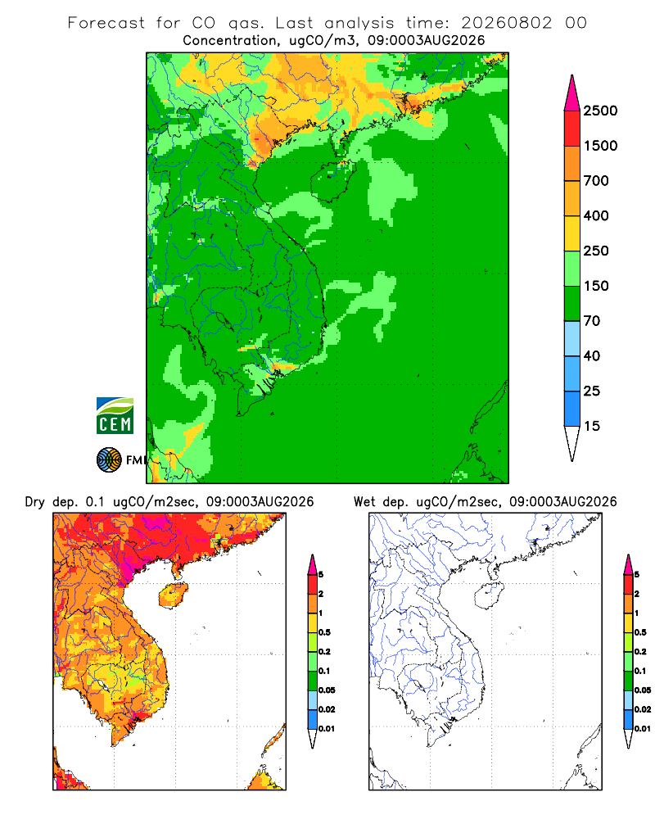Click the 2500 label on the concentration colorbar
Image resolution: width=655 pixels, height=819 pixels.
pos(600,111)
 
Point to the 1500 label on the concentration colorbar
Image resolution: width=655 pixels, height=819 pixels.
pos(600,146)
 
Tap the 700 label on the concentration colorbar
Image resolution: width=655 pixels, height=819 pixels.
pos(596,181)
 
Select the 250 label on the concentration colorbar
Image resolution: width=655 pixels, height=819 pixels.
pos(596,251)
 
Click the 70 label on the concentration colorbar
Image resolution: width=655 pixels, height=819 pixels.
pos(592,321)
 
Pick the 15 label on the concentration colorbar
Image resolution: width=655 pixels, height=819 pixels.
pos(592,426)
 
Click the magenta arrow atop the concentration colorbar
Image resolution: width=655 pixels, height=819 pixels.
pos(572,93)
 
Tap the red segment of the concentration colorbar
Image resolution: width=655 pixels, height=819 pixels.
pos(572,129)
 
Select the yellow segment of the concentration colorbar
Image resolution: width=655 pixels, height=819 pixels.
pos(572,233)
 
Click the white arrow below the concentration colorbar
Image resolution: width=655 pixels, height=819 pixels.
pos(572,441)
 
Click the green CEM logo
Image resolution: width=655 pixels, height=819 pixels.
pos(115,416)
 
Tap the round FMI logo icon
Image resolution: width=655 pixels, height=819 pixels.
pos(109,460)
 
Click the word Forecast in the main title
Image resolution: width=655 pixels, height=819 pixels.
pos(106,23)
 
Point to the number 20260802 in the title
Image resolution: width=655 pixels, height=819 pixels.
pos(506,23)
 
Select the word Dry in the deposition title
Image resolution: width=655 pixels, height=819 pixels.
pos(35,503)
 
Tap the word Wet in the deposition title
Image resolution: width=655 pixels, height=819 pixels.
pos(364,502)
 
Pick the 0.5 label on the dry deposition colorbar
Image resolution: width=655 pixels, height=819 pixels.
pos(324,632)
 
